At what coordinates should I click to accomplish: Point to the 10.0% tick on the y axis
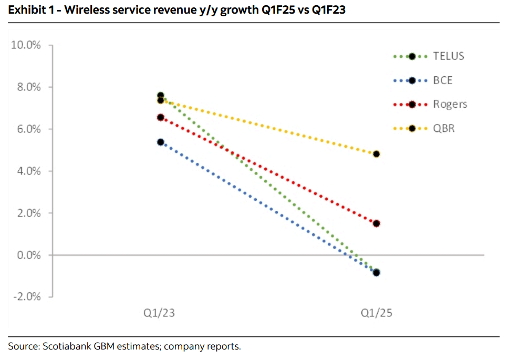(26, 45)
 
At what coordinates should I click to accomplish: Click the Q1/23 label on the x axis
(160, 314)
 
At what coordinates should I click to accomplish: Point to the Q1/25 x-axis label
(376, 314)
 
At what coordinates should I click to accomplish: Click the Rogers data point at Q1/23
(160, 118)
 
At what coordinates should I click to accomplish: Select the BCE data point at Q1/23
(160, 142)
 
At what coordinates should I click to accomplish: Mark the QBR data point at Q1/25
(376, 154)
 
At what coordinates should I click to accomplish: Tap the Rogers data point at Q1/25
(376, 223)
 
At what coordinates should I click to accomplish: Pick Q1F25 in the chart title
(275, 10)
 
